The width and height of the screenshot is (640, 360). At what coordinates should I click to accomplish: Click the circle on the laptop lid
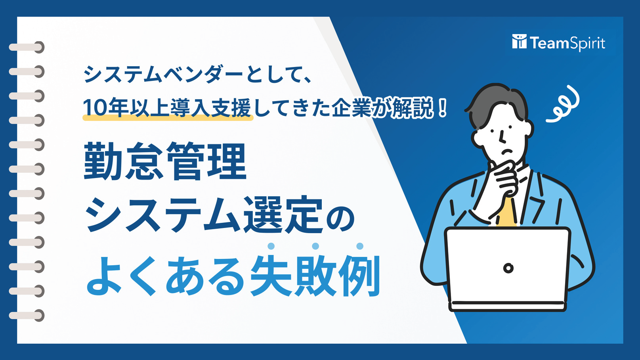pos(508,268)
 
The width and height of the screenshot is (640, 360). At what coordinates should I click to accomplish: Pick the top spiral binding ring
pos(27,47)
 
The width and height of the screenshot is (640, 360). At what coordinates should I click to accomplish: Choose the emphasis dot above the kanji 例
pos(360,246)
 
